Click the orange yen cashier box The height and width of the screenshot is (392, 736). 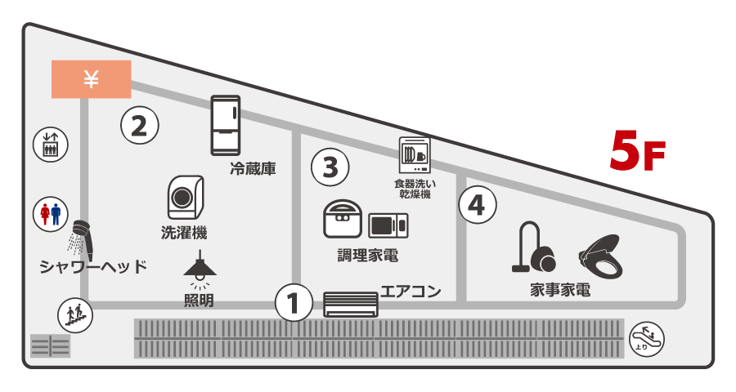(91, 79)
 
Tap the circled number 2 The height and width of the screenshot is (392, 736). (139, 125)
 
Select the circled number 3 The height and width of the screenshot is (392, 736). (330, 167)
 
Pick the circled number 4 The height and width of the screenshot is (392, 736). (478, 204)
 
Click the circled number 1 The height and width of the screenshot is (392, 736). (293, 303)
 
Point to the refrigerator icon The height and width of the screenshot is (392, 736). (225, 125)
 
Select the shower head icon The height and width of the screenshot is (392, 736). (79, 236)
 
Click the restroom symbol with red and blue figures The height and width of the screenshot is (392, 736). (51, 214)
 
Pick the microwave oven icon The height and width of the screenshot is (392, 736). (388, 225)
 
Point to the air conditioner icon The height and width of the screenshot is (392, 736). (352, 304)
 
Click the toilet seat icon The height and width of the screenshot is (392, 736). (602, 254)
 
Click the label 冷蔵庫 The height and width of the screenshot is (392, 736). (252, 170)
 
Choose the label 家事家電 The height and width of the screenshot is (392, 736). (560, 290)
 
